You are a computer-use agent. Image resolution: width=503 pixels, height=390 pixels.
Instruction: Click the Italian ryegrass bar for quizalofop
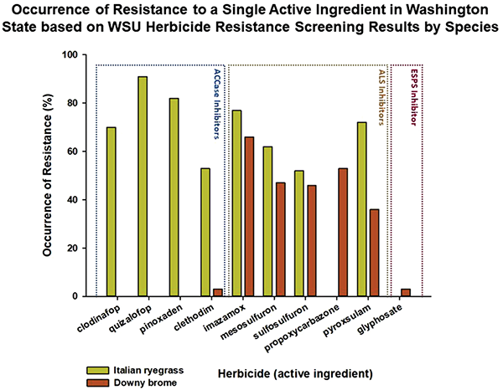(143, 186)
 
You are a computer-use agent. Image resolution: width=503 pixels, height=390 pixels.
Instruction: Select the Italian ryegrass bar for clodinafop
(111, 212)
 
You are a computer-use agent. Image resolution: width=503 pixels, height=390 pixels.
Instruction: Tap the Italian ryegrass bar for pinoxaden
(174, 197)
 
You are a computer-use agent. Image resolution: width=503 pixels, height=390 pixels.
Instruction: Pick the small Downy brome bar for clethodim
(216, 292)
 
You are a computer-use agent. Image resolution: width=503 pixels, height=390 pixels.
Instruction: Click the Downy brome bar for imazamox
(247, 216)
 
